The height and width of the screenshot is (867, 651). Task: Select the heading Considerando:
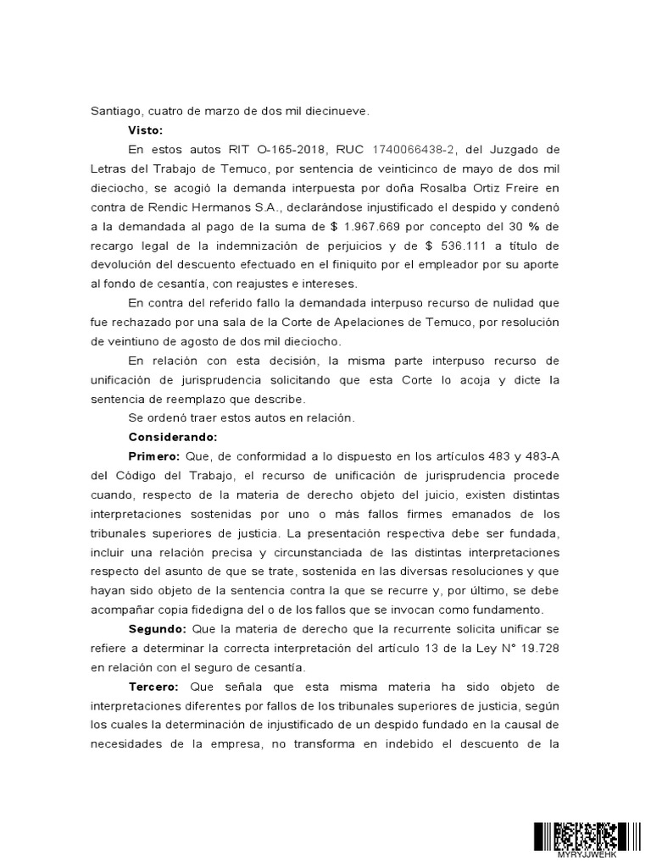tap(173, 437)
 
